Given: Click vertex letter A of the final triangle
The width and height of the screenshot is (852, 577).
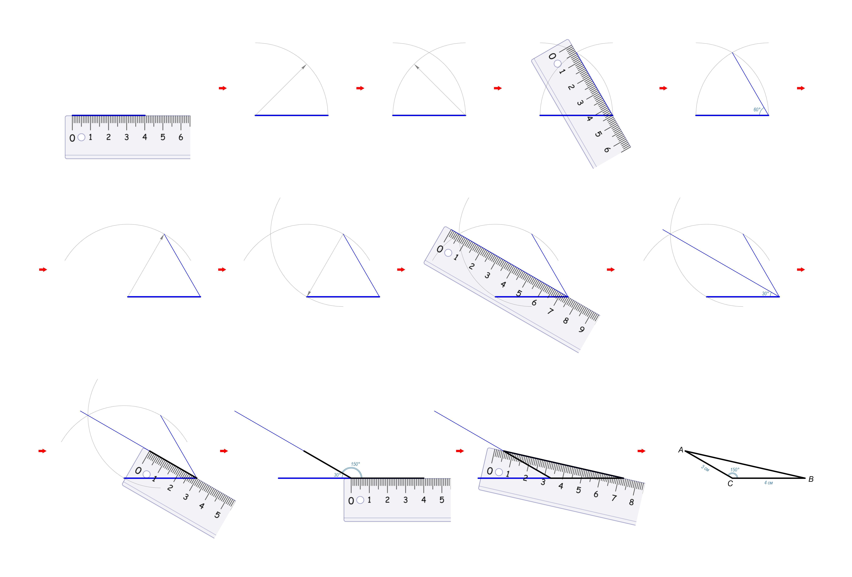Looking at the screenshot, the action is tap(681, 450).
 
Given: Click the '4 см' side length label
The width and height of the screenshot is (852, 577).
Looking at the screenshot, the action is tap(768, 483).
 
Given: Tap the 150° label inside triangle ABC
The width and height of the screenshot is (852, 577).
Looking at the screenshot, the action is tap(735, 470).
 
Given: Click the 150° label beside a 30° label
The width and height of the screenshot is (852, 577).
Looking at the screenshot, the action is tap(355, 464).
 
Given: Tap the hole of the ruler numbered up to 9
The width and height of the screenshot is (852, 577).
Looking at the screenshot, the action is tap(448, 252).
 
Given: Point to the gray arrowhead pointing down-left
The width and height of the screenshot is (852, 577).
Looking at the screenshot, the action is tap(309, 293).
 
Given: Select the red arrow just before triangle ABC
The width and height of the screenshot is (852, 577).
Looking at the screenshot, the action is tap(641, 451).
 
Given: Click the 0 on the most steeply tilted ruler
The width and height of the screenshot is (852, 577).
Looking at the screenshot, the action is tap(552, 56).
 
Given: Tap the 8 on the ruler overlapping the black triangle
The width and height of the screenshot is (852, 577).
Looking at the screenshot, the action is tap(631, 502).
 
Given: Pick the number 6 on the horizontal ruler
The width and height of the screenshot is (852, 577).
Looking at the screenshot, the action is tap(181, 137).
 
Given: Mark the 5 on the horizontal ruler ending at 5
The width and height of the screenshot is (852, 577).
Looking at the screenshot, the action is tap(442, 500).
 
